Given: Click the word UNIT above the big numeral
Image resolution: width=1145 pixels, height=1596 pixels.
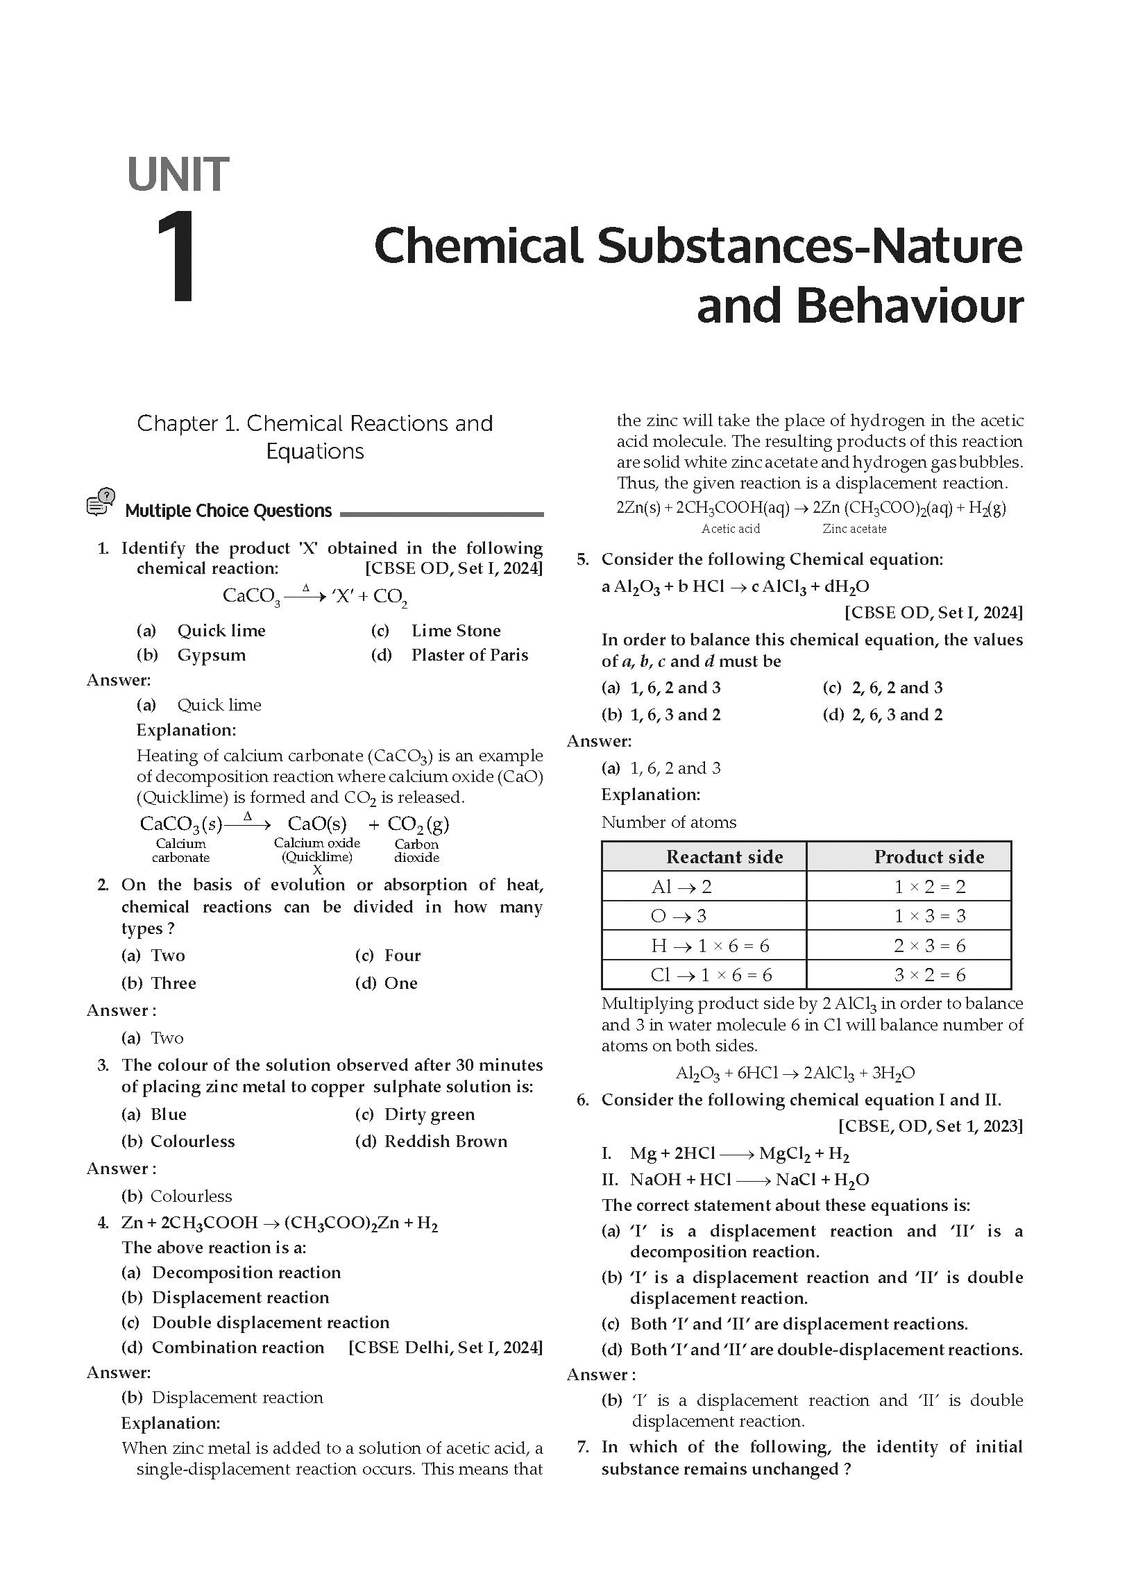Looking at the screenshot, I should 178,176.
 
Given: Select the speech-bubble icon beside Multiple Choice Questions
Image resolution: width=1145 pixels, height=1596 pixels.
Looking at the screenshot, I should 101,502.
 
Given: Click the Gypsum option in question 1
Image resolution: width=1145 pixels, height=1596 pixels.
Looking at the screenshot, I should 211,655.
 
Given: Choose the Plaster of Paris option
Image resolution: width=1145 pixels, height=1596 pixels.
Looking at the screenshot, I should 469,655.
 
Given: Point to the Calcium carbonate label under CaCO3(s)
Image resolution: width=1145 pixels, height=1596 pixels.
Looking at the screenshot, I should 181,850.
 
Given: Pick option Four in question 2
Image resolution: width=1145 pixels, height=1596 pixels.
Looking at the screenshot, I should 402,956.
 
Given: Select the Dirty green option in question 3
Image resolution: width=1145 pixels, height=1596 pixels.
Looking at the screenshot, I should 430,1114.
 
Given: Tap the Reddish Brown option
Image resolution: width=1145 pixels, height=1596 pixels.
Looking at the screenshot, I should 446,1141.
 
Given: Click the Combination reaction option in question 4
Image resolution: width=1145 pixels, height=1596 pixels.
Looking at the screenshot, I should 238,1348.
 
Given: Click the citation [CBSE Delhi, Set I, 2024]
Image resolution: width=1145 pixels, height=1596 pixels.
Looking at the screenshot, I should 446,1348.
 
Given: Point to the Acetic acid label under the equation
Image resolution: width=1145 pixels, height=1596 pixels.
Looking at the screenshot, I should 731,529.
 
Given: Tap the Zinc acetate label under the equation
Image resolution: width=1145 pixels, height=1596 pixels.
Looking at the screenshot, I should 854,529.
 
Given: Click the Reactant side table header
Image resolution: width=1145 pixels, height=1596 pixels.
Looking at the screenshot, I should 724,857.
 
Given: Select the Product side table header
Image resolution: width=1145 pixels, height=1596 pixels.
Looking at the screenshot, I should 929,857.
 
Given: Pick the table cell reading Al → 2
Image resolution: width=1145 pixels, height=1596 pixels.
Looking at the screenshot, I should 681,887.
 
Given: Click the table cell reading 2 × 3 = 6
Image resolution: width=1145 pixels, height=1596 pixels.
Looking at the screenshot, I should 929,946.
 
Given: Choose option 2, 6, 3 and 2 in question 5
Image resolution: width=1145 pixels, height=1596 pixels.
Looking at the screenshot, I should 897,715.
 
